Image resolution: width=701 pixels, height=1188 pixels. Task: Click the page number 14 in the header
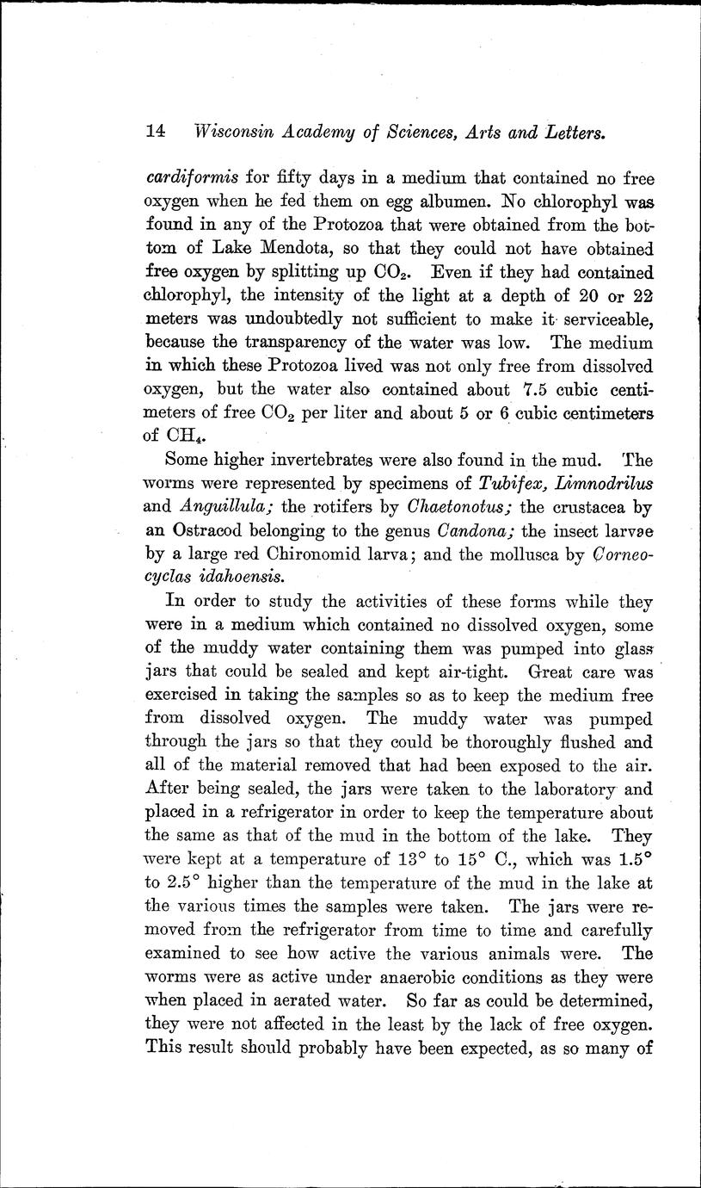(x=156, y=132)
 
